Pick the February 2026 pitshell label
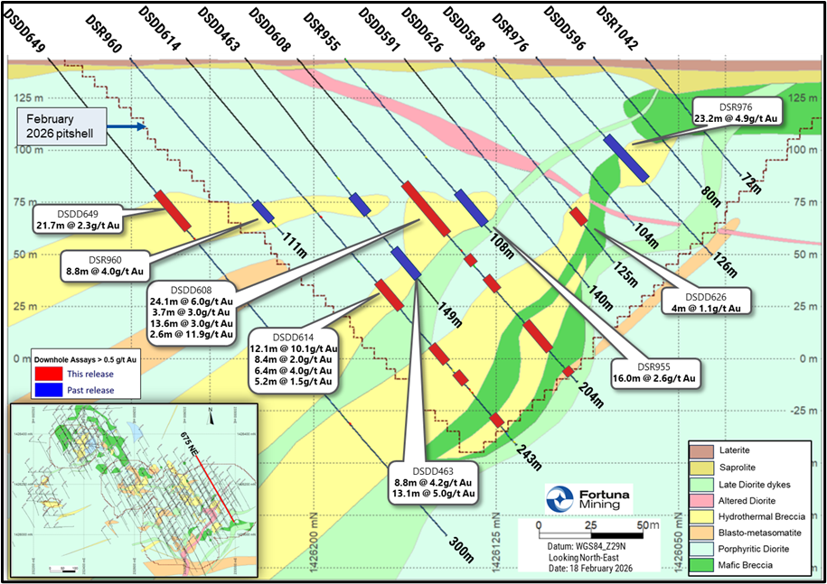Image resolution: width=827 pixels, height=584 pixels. pyautogui.click(x=61, y=127)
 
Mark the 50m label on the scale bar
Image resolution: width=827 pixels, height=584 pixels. pyautogui.click(x=644, y=526)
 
